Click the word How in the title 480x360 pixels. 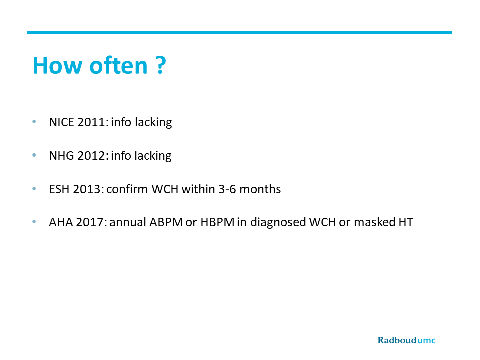pyautogui.click(x=58, y=65)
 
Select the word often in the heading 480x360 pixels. pyautogui.click(x=119, y=65)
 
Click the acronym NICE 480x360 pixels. pyautogui.click(x=62, y=122)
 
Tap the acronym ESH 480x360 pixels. pyautogui.click(x=59, y=189)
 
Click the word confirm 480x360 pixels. pyautogui.click(x=127, y=189)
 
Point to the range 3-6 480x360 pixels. pyautogui.click(x=227, y=189)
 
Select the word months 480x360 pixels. pyautogui.click(x=260, y=189)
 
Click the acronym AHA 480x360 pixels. pyautogui.click(x=61, y=222)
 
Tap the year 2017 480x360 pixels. pyautogui.click(x=91, y=222)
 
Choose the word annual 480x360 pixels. pyautogui.click(x=128, y=222)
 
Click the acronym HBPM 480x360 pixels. pyautogui.click(x=217, y=222)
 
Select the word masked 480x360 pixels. pyautogui.click(x=375, y=222)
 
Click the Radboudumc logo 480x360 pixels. pyautogui.click(x=406, y=340)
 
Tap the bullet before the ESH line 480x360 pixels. pyautogui.click(x=34, y=189)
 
